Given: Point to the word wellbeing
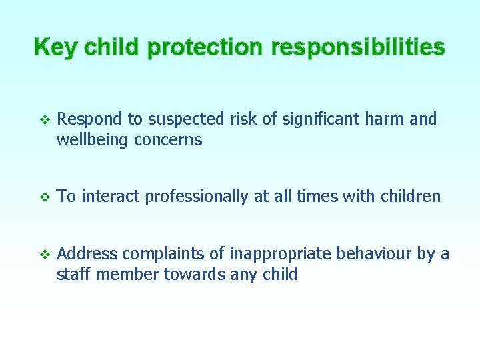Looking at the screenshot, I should [93, 140].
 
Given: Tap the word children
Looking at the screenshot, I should [411, 197].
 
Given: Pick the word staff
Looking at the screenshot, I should [74, 274].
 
